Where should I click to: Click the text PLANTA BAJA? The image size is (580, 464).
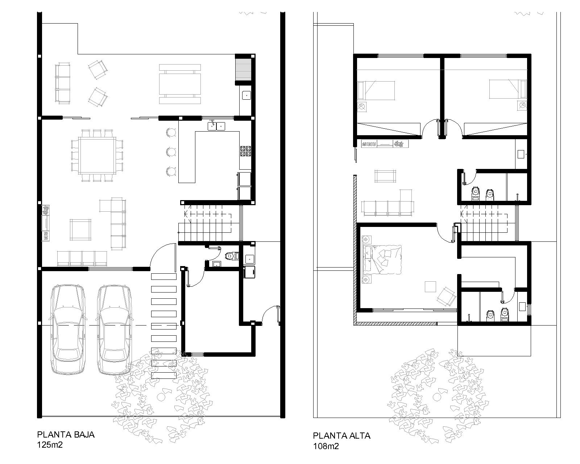66,435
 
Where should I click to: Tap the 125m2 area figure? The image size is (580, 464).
50,445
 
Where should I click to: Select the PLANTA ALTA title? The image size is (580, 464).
341,436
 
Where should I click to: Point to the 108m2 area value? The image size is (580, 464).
326,446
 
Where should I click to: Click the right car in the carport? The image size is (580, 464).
115,330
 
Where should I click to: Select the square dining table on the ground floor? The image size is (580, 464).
97,156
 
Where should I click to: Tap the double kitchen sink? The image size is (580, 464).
216,126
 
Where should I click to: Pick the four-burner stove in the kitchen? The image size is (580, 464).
245,151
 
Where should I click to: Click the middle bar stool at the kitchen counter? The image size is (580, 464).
171,152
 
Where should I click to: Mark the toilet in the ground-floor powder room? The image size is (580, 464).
232,255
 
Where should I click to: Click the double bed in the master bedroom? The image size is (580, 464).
382,259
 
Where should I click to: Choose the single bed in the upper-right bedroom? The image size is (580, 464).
508,89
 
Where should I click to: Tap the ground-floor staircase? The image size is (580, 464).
208,223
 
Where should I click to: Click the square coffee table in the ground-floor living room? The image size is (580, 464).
80,229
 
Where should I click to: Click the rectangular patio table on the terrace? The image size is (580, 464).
180,84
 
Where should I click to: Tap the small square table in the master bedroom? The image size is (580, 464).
430,287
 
